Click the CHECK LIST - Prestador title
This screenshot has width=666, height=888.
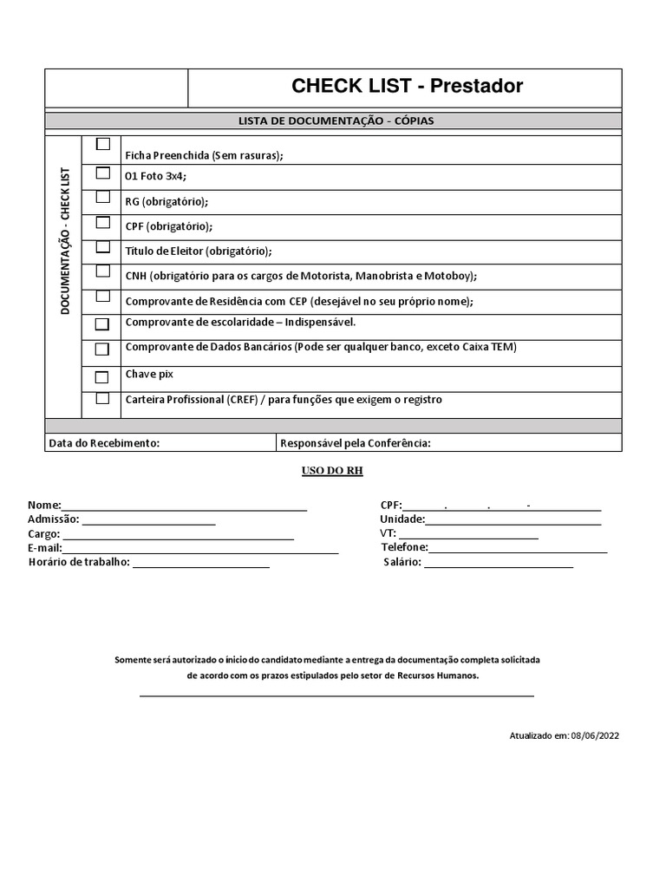(x=407, y=86)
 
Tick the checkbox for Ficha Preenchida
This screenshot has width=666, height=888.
(x=103, y=144)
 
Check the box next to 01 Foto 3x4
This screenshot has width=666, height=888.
(x=103, y=172)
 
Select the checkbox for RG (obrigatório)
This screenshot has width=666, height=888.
(x=103, y=197)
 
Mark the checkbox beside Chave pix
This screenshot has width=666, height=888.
(x=102, y=377)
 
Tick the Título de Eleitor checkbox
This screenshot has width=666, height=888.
(x=103, y=247)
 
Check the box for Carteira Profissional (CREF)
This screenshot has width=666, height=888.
(x=103, y=399)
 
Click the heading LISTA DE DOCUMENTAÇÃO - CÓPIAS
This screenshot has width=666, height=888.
(x=336, y=121)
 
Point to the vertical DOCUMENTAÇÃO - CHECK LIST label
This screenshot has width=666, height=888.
(x=65, y=241)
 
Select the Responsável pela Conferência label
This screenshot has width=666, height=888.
(x=355, y=443)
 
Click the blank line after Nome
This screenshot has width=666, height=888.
(x=185, y=506)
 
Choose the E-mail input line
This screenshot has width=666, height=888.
(x=200, y=550)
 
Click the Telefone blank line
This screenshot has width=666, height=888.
(x=518, y=549)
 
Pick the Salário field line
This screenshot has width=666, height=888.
(x=499, y=564)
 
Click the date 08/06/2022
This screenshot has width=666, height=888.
(x=595, y=735)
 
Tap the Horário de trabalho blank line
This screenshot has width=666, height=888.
(x=201, y=564)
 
